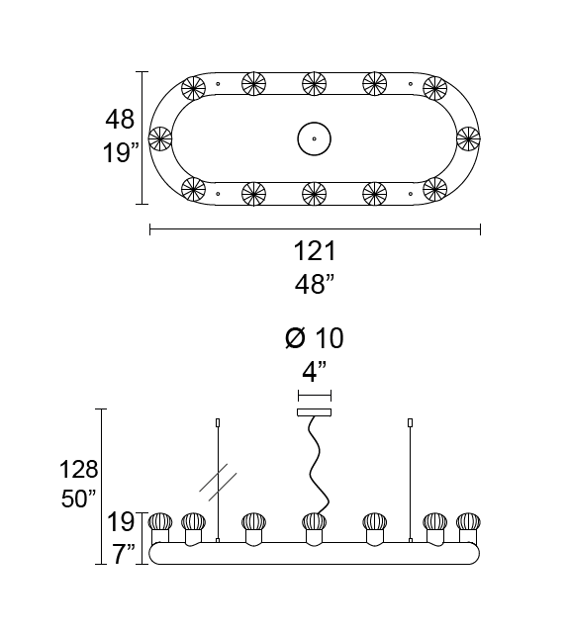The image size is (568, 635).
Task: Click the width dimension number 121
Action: pyautogui.click(x=315, y=251)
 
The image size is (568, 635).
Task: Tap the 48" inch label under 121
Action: pyautogui.click(x=315, y=285)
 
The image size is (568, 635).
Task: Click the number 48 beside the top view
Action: pyautogui.click(x=120, y=120)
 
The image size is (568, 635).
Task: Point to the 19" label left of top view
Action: pyautogui.click(x=120, y=153)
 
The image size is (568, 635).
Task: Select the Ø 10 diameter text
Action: pyautogui.click(x=314, y=338)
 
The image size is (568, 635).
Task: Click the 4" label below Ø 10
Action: pyautogui.click(x=314, y=373)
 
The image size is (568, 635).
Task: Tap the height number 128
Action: pyautogui.click(x=79, y=469)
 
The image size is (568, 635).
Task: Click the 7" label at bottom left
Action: pyautogui.click(x=123, y=554)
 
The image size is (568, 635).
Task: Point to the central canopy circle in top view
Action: pyautogui.click(x=314, y=138)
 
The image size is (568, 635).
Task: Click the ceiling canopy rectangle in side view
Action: pyautogui.click(x=314, y=411)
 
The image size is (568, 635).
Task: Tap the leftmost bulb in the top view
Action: pyautogui.click(x=159, y=138)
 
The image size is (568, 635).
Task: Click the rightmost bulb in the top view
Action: pyautogui.click(x=468, y=138)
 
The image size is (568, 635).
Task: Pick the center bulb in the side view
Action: pyautogui.click(x=314, y=523)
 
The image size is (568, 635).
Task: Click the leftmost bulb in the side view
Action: pyautogui.click(x=160, y=523)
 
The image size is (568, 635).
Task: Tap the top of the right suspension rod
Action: pyautogui.click(x=411, y=423)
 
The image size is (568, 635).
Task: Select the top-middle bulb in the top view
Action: pyautogui.click(x=314, y=83)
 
